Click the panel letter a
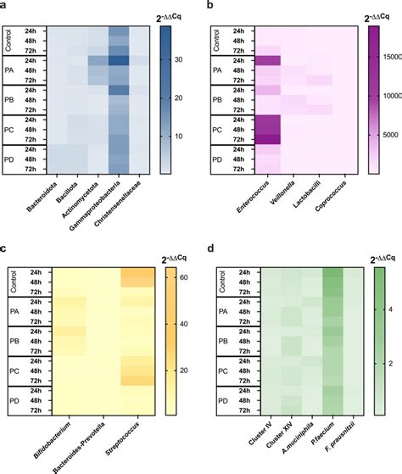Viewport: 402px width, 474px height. coord(5,6)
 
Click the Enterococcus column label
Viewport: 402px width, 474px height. coord(247,197)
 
